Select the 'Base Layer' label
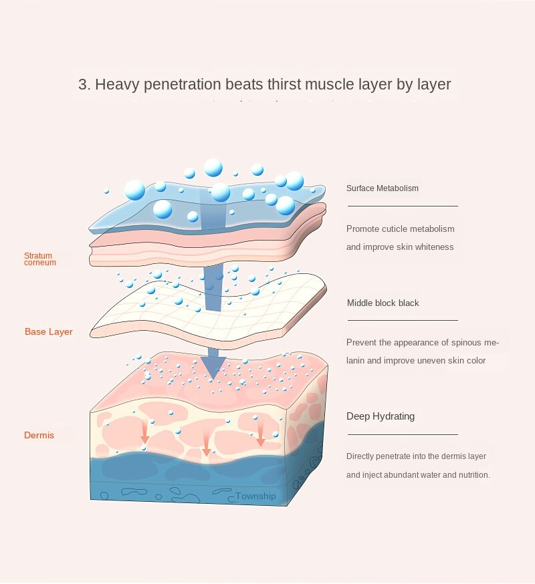(x=49, y=332)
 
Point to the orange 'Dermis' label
(x=39, y=436)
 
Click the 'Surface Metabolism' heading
(x=383, y=188)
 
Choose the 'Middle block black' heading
(x=383, y=303)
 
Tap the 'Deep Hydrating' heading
(x=381, y=416)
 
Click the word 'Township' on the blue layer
(x=255, y=496)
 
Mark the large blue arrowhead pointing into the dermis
(x=213, y=367)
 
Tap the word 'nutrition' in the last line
(x=473, y=475)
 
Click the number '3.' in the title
(x=84, y=85)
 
